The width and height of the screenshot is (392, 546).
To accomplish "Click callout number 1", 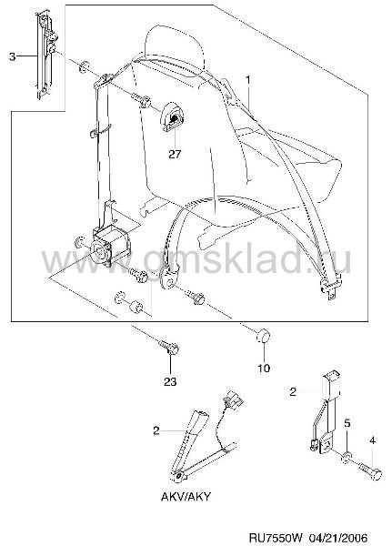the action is [248, 80].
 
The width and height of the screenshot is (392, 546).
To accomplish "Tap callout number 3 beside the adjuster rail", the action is [13, 56].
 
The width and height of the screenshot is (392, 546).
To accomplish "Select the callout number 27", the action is [175, 154].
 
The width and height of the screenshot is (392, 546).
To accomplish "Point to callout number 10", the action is [264, 368].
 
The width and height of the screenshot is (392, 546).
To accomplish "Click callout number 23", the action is [170, 381].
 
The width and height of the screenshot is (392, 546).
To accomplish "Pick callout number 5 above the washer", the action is [347, 423].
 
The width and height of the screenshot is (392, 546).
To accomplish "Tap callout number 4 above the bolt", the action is [373, 440].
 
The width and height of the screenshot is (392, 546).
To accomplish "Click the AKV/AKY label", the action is [186, 497].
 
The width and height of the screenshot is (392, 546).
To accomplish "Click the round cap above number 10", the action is [263, 336].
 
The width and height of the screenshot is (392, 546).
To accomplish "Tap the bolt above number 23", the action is [169, 347].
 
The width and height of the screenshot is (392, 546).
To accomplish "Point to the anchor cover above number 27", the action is [172, 116].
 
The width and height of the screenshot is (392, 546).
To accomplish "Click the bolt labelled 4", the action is [371, 471].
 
